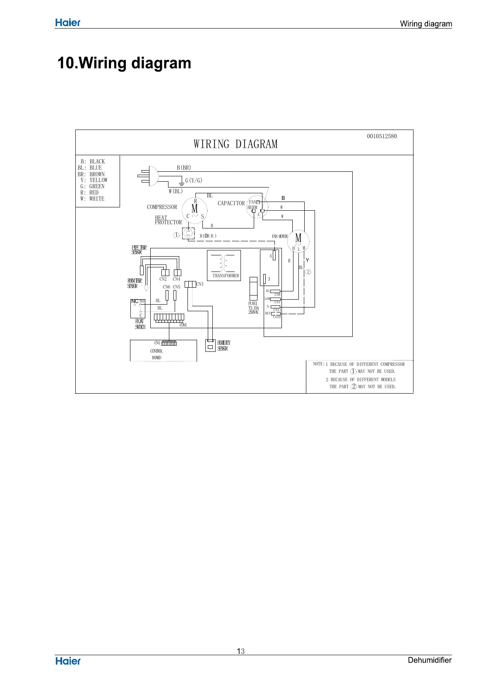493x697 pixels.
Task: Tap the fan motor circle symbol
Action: coord(298,240)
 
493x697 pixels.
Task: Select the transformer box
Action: coord(224,265)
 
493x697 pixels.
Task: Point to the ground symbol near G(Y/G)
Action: coord(180,182)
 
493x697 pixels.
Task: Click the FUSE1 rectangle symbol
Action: coord(253,288)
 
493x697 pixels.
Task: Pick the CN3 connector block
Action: coord(190,284)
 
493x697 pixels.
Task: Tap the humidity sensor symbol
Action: coord(210,345)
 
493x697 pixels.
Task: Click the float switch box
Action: coord(137,308)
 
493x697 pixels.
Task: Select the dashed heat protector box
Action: coord(188,233)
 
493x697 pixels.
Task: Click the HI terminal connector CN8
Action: coord(275,291)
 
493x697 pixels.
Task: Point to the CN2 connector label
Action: coord(163,279)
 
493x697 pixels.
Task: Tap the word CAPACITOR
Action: coord(231,203)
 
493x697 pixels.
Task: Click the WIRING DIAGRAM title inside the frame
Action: coord(236,144)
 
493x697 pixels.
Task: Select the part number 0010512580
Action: coord(382,136)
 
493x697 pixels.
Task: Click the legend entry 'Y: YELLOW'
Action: coord(94,180)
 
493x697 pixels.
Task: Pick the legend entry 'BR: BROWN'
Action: coord(91,174)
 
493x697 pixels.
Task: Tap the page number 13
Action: coord(240,651)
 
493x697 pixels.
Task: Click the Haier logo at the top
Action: coord(68,23)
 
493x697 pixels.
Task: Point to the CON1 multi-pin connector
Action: coord(169,318)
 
